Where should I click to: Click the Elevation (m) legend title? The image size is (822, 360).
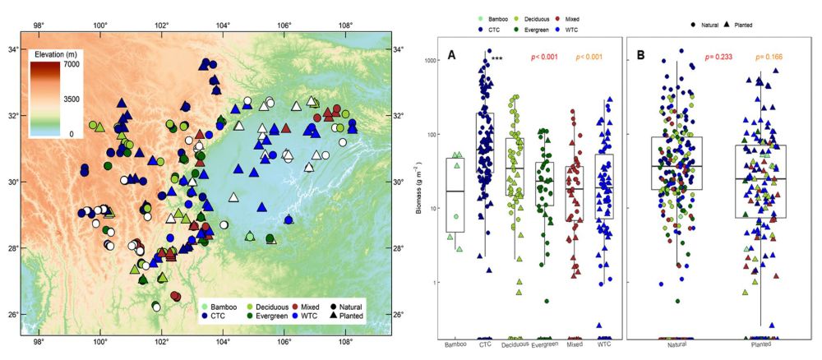61,55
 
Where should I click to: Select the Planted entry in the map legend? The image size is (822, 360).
352,316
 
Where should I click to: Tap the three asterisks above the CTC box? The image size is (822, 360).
496,59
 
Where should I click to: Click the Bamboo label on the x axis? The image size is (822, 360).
455,345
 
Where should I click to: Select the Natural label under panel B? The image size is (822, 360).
678,345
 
